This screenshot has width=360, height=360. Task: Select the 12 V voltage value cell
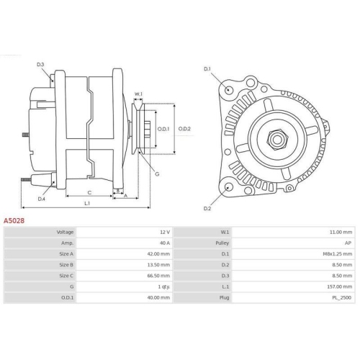point(164,233)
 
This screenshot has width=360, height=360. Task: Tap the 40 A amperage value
point(164,243)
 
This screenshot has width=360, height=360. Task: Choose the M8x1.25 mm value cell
point(337,253)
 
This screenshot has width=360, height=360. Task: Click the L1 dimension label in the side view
point(86,204)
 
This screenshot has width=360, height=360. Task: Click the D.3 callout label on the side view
point(40,65)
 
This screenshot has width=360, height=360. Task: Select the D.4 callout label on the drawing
point(42,199)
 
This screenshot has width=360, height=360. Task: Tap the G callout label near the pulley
point(158,174)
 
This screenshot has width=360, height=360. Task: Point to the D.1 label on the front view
point(207,68)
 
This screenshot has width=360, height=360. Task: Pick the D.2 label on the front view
point(207,208)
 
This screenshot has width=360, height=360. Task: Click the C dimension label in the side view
point(89,192)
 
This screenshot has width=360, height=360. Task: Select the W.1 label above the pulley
point(139,94)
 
